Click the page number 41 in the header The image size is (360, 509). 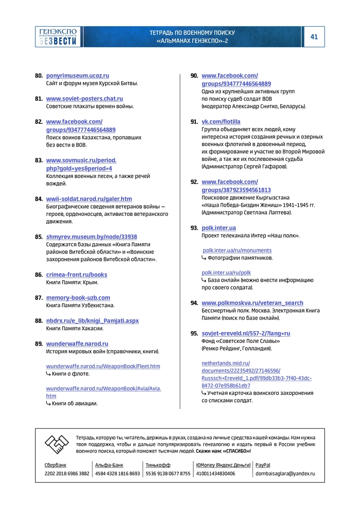click(314, 37)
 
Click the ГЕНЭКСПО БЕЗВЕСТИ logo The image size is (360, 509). click(58, 37)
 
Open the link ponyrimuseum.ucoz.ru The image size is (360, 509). click(78, 76)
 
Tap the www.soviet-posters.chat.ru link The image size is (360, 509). click(84, 98)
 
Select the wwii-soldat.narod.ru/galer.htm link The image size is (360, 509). click(89, 198)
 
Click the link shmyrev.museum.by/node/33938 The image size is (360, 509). click(92, 237)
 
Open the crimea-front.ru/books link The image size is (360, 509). click(77, 275)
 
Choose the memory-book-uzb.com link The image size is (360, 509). click(78, 298)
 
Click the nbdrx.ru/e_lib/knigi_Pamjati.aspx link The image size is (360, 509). click(93, 320)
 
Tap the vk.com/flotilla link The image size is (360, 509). click(221, 121)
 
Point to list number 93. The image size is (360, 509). click(194, 227)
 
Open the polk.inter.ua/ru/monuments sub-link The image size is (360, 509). click(237, 250)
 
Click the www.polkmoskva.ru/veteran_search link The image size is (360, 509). click(252, 303)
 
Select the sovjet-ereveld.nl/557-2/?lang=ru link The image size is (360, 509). click(246, 333)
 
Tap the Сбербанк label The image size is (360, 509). click(56, 465)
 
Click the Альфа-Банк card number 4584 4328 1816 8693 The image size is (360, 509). click(117, 474)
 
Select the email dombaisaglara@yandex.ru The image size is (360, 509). click(285, 474)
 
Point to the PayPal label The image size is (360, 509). click(263, 465)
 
